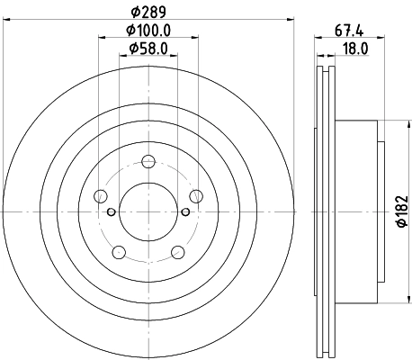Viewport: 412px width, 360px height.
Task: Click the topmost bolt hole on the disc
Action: click(x=148, y=162)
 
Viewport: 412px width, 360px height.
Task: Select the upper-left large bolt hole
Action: click(x=101, y=197)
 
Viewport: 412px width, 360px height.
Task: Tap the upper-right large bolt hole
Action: click(x=196, y=197)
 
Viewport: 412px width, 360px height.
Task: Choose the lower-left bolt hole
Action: click(x=119, y=253)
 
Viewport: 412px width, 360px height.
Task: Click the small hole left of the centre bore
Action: click(x=111, y=212)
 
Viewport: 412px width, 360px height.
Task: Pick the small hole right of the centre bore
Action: click(x=186, y=212)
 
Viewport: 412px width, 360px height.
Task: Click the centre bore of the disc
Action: click(x=148, y=212)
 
